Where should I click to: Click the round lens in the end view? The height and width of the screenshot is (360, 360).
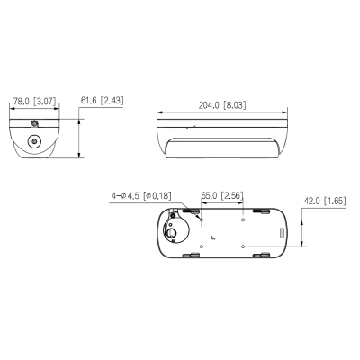pyautogui.click(x=34, y=140)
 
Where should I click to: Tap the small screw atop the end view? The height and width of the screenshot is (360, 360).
pyautogui.click(x=34, y=123)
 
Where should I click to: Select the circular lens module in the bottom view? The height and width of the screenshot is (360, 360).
pyautogui.click(x=170, y=231)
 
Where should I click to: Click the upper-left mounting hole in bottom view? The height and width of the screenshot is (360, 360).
pyautogui.click(x=201, y=219)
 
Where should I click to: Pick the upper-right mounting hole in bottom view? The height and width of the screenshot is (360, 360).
pyautogui.click(x=243, y=219)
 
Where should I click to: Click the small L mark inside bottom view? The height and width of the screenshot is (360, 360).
pyautogui.click(x=211, y=237)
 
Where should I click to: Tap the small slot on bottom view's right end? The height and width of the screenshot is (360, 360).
pyautogui.click(x=283, y=233)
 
